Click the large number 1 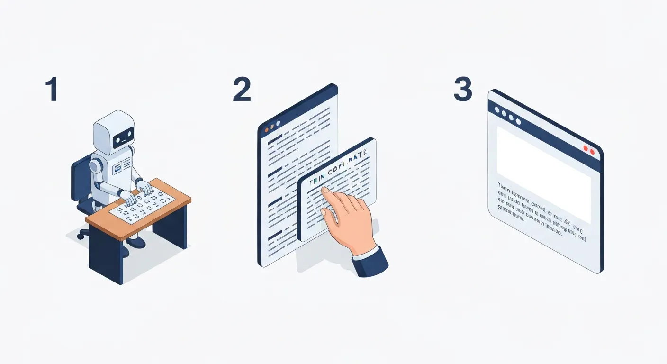pyautogui.click(x=52, y=90)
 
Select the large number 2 pyautogui.click(x=242, y=90)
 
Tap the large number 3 pyautogui.click(x=463, y=90)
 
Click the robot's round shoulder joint pyautogui.click(x=96, y=165)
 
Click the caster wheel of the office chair pyautogui.click(x=83, y=234)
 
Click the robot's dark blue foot pyautogui.click(x=136, y=242)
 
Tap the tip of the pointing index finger pyautogui.click(x=324, y=191)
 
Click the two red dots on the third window pyautogui.click(x=589, y=150)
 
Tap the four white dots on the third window pyautogui.click(x=507, y=116)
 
